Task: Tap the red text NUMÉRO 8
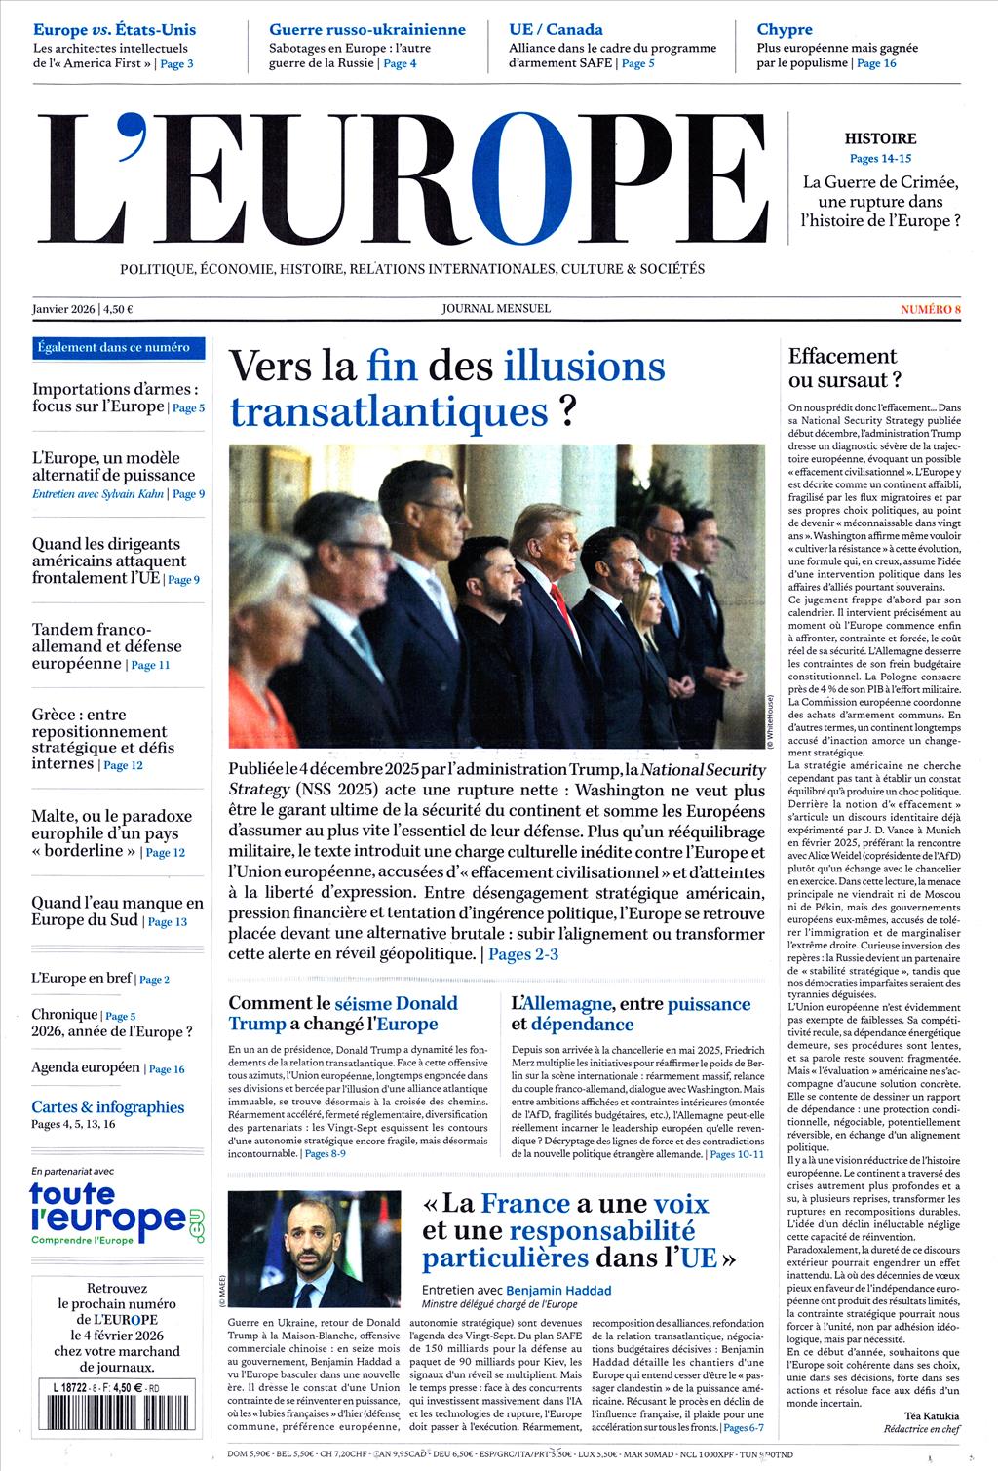pos(931,309)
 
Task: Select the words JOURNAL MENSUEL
pos(496,308)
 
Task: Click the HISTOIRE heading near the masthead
pos(880,138)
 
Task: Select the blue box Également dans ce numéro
pos(113,347)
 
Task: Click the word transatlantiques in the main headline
pos(389,411)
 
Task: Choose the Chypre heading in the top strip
pos(784,29)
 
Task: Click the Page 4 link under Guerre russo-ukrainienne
pos(400,63)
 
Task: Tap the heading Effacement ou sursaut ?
pos(844,368)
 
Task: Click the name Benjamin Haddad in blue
pos(558,1290)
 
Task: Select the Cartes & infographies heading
pos(107,1106)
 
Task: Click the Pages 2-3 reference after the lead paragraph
pos(523,953)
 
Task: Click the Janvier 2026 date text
pos(63,309)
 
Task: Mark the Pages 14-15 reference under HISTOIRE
pos(880,158)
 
